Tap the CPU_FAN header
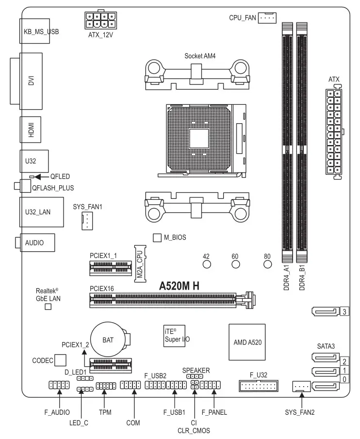coord(267,18)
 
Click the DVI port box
coord(31,80)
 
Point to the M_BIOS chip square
coord(157,237)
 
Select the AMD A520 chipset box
coord(247,342)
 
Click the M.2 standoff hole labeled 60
coord(236,264)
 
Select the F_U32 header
coord(258,386)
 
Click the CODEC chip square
coord(60,360)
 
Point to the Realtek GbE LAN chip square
coord(48,307)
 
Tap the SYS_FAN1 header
coord(86,221)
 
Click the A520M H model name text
coord(180,286)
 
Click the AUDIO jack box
coord(37,243)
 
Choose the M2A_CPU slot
coord(139,262)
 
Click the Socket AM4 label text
coord(199,56)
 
